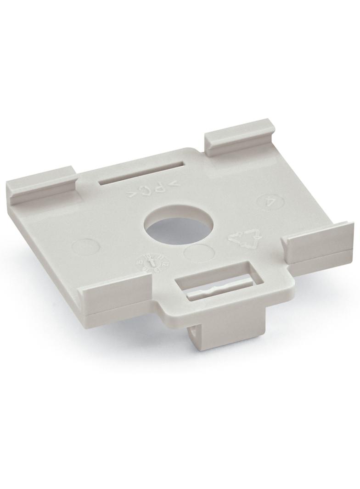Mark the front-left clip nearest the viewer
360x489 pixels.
tap(115, 299)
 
